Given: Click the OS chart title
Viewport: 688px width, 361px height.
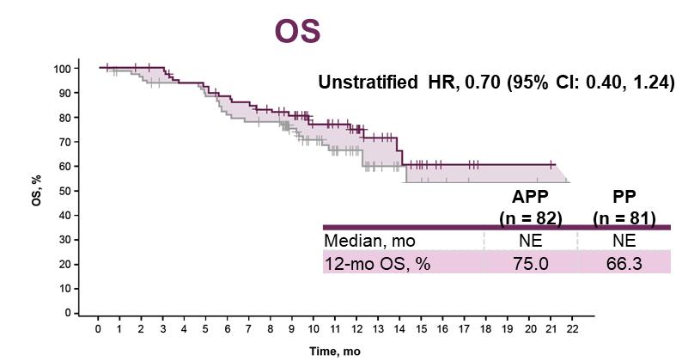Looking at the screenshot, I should (x=297, y=29).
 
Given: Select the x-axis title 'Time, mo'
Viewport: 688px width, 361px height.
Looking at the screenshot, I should (x=336, y=352).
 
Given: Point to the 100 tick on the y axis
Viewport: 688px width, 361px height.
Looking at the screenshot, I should (x=64, y=68).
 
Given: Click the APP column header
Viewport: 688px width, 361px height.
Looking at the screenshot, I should (x=531, y=198).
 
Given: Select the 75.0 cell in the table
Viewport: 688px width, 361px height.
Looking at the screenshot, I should (x=531, y=264).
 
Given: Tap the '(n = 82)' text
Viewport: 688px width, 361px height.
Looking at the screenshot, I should (x=531, y=217).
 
